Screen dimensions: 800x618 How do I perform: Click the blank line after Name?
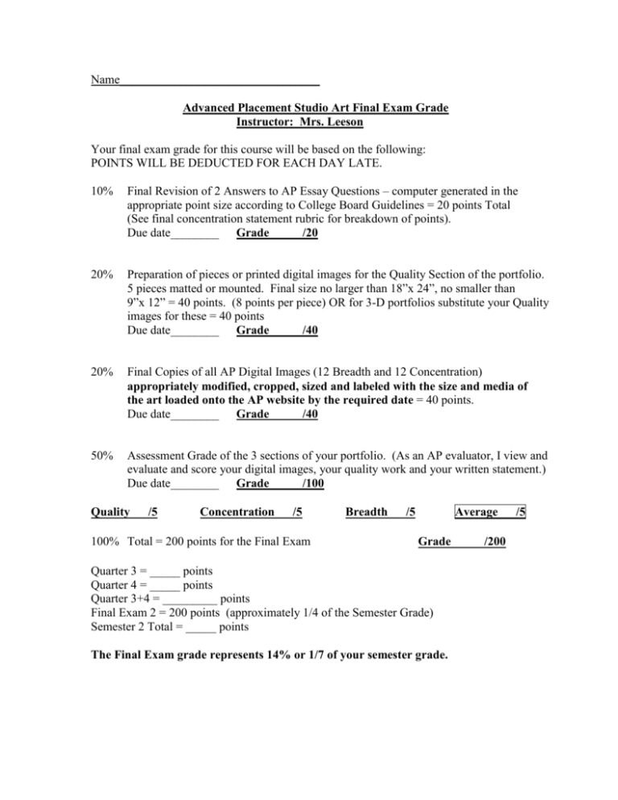219,82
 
